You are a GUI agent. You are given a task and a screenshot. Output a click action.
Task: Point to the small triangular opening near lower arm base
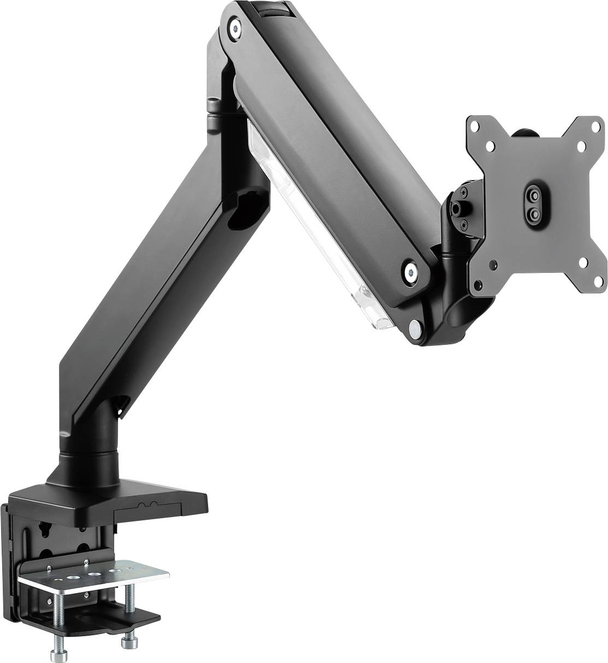(x=119, y=404)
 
